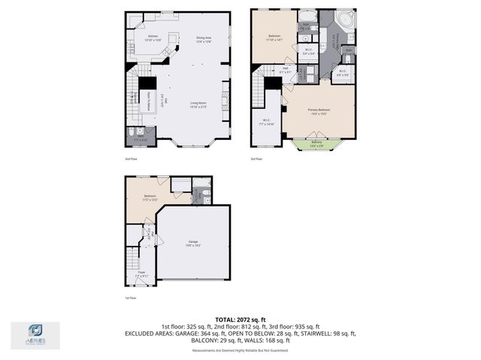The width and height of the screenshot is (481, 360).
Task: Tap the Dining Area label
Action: click(x=203, y=39)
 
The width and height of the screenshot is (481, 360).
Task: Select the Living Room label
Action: click(x=198, y=104)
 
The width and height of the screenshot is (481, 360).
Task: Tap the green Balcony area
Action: click(x=316, y=144)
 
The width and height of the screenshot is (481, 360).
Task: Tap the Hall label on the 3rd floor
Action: click(x=286, y=70)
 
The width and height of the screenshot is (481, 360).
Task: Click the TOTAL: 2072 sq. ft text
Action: click(x=240, y=319)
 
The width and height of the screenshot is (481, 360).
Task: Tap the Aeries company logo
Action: click(x=34, y=335)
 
